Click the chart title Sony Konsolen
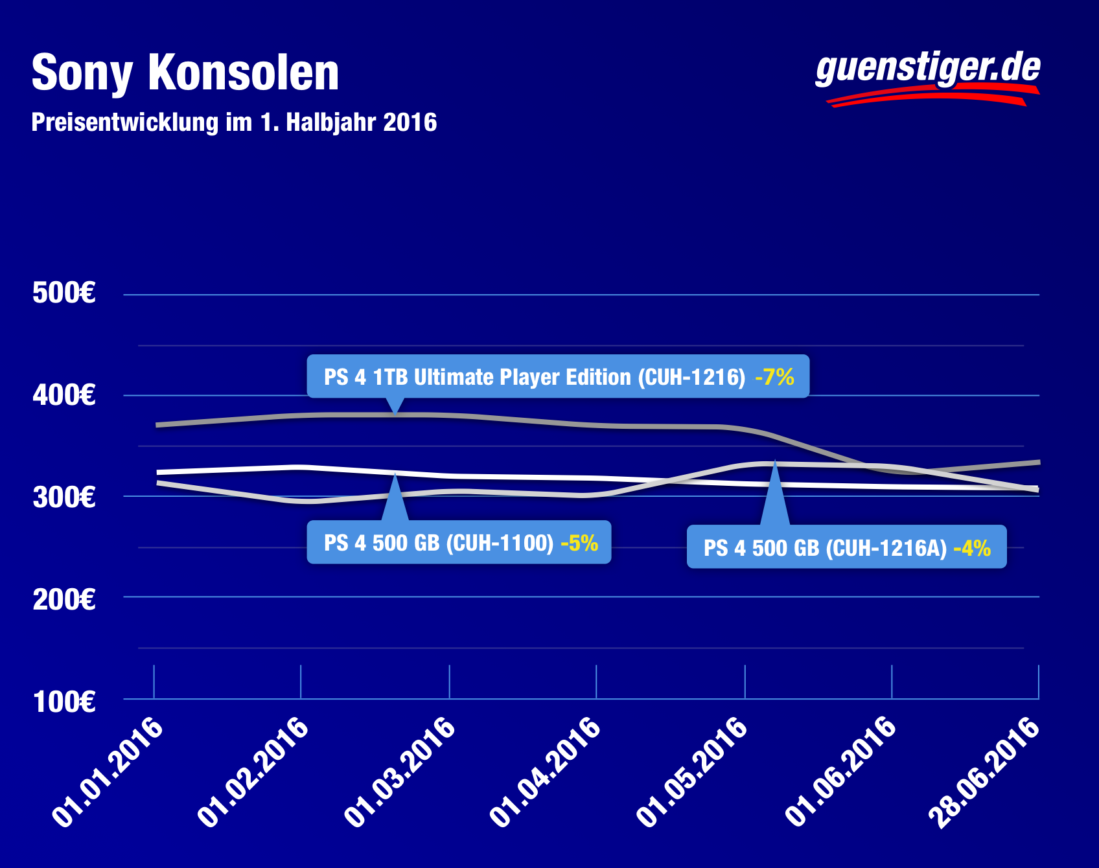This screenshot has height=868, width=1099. click(185, 73)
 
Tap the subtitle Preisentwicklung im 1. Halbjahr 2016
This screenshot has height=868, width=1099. click(234, 122)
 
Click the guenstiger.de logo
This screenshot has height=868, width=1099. click(927, 76)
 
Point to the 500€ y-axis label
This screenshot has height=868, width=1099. click(64, 293)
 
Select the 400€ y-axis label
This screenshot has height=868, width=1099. click(64, 395)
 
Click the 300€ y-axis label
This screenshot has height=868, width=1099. click(64, 497)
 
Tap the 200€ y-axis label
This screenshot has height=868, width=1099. click(64, 599)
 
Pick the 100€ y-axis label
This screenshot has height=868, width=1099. click(64, 702)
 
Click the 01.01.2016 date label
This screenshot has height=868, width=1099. click(108, 771)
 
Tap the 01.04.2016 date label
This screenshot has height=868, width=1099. click(547, 771)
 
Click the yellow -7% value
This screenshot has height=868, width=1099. click(774, 376)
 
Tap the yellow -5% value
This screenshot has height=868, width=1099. click(579, 542)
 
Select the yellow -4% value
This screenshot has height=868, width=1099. click(972, 548)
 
